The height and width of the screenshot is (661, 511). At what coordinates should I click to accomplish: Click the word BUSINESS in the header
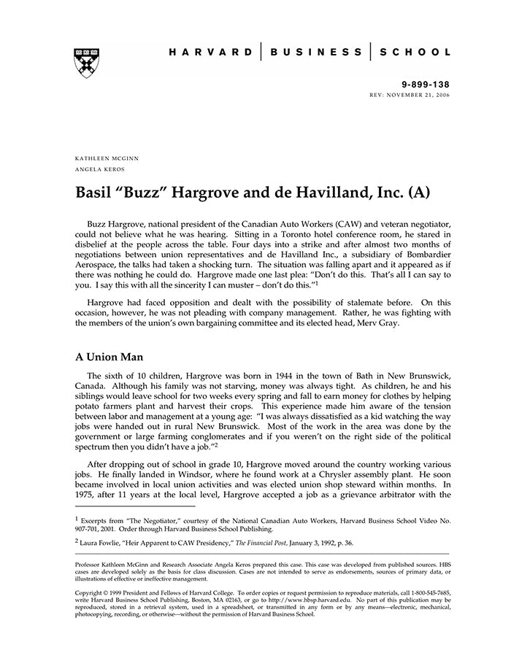coord(315,52)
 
